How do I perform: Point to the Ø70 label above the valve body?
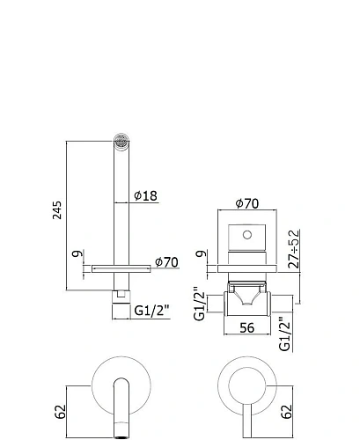(246, 204)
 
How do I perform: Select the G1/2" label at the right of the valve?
(285, 334)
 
